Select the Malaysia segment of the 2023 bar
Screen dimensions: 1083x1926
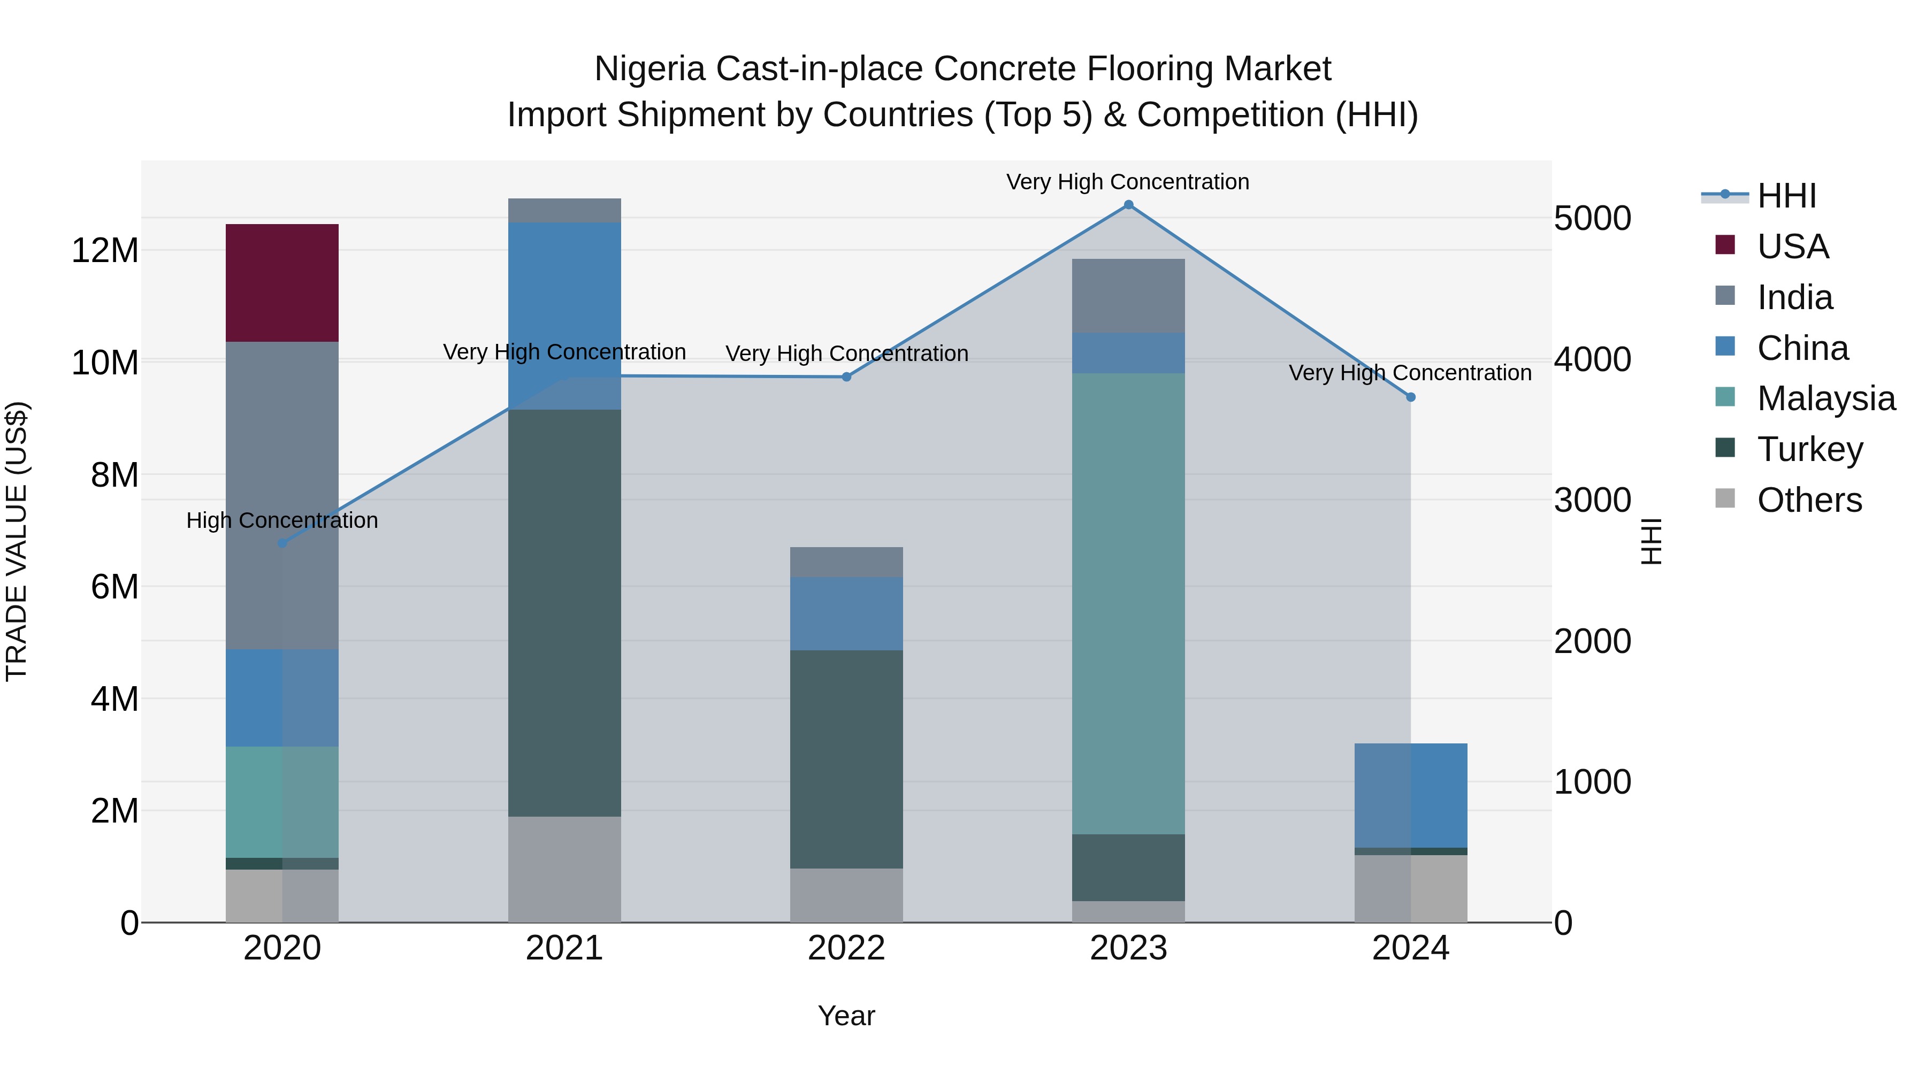[x=1128, y=603]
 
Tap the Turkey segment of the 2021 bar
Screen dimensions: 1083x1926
[x=564, y=612]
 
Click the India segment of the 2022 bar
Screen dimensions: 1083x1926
[x=846, y=562]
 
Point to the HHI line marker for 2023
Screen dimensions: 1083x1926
[x=1129, y=205]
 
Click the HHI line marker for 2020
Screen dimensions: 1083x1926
[x=282, y=543]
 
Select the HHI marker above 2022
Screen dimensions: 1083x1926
[x=846, y=377]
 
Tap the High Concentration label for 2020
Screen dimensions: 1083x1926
[x=282, y=520]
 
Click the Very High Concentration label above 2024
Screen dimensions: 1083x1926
[x=1410, y=372]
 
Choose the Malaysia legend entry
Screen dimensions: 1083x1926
[x=1826, y=398]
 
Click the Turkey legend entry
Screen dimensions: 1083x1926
[x=1809, y=449]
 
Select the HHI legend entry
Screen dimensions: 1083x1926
[x=1786, y=196]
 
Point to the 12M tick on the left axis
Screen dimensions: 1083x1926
[x=105, y=250]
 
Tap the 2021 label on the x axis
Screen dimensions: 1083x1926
[x=564, y=948]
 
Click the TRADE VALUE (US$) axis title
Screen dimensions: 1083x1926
[x=17, y=541]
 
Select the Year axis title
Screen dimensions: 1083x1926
[x=846, y=1016]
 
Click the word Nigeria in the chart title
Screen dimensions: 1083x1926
[x=649, y=69]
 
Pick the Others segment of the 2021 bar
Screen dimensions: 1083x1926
[x=564, y=869]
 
